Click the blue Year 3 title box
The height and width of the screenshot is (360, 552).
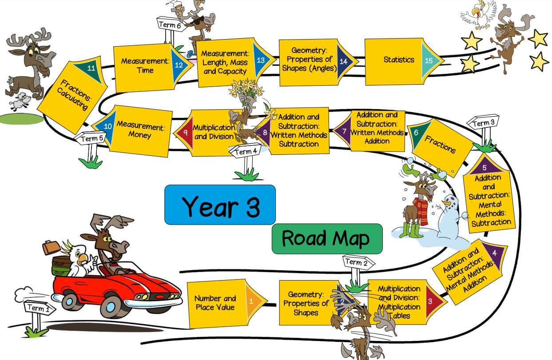point(220,205)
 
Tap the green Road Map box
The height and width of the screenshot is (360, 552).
point(327,238)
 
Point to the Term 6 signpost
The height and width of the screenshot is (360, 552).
point(170,25)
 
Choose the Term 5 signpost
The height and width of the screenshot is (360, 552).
point(92,139)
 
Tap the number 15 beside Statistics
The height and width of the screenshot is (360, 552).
point(429,60)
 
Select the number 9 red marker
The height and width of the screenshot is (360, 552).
point(185,132)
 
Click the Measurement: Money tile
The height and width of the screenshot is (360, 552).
point(140,131)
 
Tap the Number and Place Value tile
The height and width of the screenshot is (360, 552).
point(215,303)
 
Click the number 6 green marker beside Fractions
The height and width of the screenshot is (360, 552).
point(416,132)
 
